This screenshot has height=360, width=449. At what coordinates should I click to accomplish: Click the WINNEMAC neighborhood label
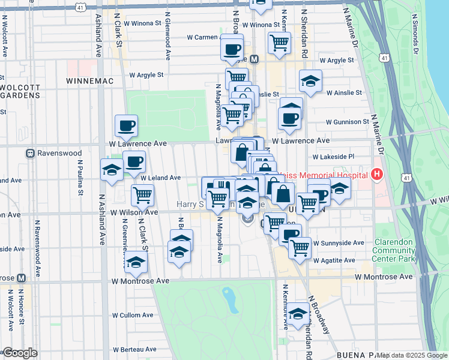pyautogui.click(x=89, y=80)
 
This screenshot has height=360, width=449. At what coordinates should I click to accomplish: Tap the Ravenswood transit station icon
pyautogui.click(x=29, y=153)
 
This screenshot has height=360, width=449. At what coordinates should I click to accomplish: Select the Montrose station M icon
pyautogui.click(x=22, y=278)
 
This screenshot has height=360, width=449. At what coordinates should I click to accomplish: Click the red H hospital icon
pyautogui.click(x=376, y=174)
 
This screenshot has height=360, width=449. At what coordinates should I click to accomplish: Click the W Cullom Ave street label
pyautogui.click(x=133, y=315)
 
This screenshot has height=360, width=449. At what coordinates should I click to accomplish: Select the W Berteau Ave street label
pyautogui.click(x=134, y=349)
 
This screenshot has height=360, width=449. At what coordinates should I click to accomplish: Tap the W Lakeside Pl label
pyautogui.click(x=334, y=156)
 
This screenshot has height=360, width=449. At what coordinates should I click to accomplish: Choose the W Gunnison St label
pyautogui.click(x=347, y=122)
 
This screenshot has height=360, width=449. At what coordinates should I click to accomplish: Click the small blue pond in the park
pyautogui.click(x=228, y=295)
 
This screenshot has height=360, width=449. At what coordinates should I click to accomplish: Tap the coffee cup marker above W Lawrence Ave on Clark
pyautogui.click(x=127, y=126)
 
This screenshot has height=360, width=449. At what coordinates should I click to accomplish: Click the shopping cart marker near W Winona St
pyautogui.click(x=279, y=43)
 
